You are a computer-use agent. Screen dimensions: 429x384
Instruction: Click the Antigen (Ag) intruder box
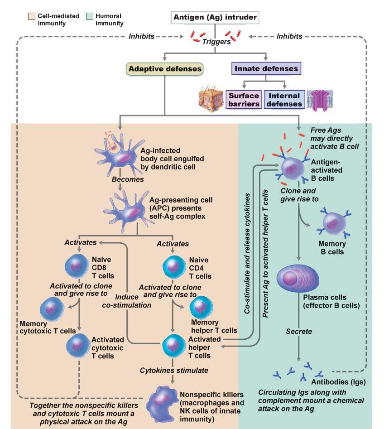tap(215, 18)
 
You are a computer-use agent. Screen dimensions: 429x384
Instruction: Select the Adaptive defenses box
tap(165, 69)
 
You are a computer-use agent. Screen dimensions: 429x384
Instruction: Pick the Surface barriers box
tap(244, 100)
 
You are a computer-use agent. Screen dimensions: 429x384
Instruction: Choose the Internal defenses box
tap(284, 100)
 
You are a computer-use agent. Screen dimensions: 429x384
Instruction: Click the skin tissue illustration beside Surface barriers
tap(211, 100)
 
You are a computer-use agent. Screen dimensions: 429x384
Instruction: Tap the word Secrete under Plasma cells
tap(298, 332)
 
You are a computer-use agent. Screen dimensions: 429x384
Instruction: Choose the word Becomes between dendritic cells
tap(128, 179)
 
